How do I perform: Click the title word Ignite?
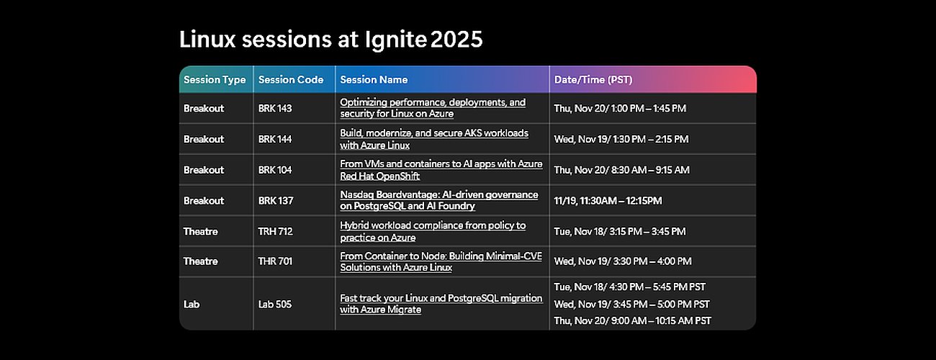click(x=397, y=40)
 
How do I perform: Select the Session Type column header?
click(x=215, y=80)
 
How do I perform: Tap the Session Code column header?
click(x=290, y=80)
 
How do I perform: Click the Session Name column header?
click(x=374, y=80)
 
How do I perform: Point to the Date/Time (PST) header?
click(x=593, y=80)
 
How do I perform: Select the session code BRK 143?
click(x=275, y=108)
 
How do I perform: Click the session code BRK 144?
click(x=275, y=139)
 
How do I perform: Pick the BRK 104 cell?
click(x=275, y=170)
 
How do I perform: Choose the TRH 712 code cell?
click(x=275, y=232)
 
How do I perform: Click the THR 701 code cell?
click(x=275, y=261)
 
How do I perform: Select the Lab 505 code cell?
click(x=275, y=304)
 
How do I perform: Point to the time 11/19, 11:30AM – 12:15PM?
click(x=608, y=201)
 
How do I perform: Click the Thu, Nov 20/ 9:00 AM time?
click(x=632, y=320)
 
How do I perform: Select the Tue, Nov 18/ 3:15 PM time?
click(x=619, y=232)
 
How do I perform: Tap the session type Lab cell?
click(x=191, y=304)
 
